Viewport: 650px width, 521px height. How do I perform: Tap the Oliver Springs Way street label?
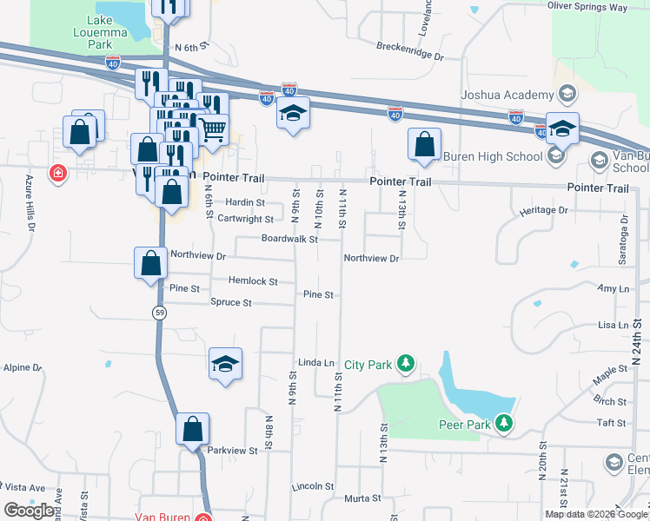[x=587, y=7]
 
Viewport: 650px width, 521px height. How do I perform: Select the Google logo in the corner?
[x=30, y=510]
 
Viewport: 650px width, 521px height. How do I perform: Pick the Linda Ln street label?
[x=316, y=362]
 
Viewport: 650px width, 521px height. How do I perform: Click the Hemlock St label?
[x=253, y=281]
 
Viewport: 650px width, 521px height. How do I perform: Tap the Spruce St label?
[x=230, y=303]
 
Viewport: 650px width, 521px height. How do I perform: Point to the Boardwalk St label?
[x=290, y=239]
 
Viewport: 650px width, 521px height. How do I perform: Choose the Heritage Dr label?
[x=543, y=211]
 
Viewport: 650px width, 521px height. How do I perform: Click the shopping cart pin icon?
[x=213, y=129]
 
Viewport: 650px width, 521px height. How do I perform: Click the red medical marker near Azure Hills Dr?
[x=57, y=173]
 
